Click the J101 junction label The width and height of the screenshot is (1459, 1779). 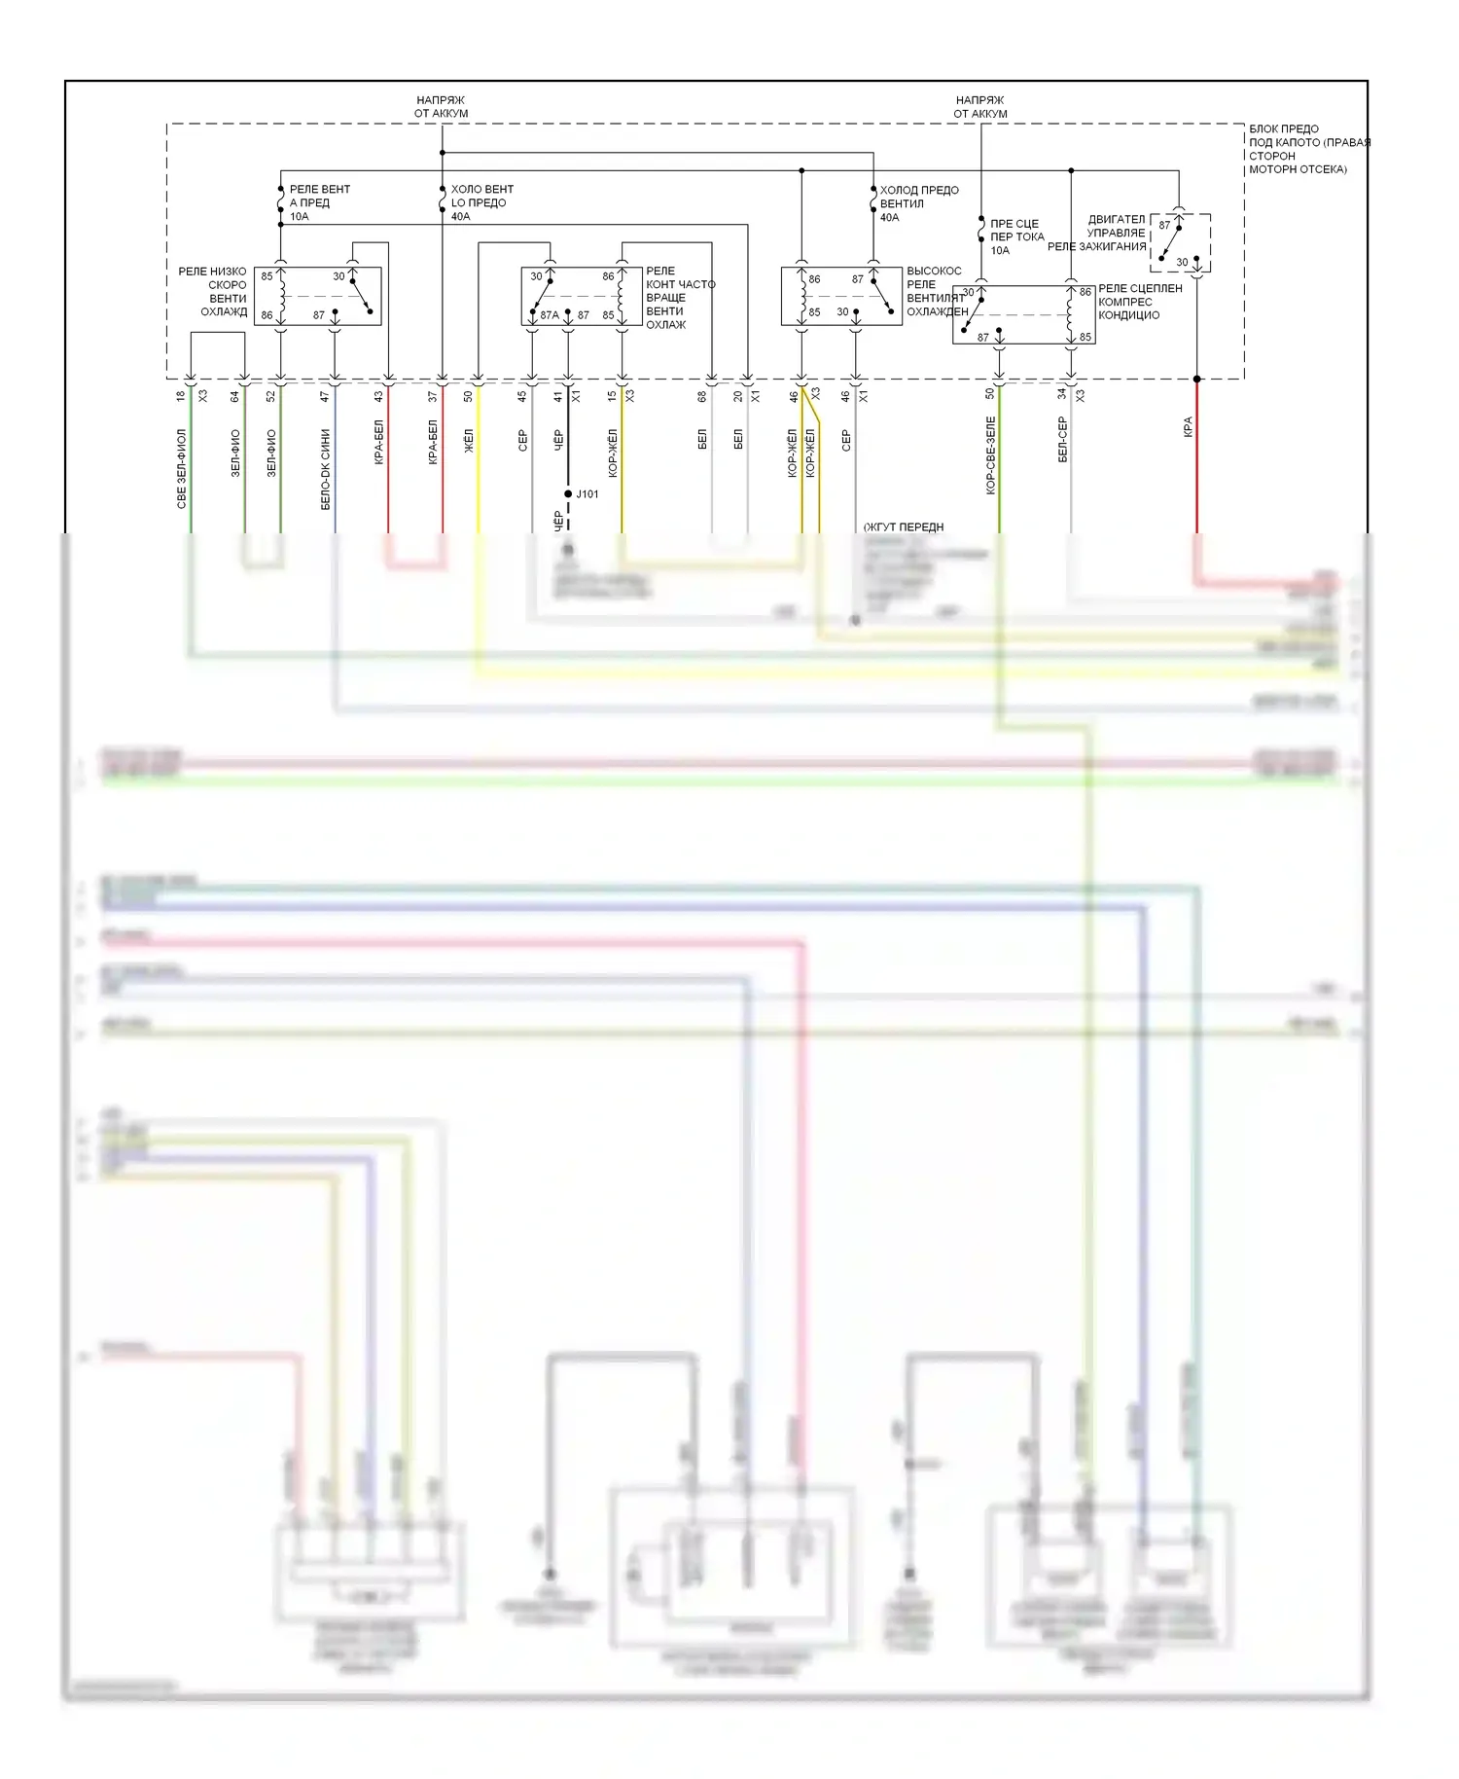tap(587, 494)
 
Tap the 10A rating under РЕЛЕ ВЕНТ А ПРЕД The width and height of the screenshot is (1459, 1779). tap(299, 216)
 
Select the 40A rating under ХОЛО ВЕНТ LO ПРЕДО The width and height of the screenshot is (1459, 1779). tap(460, 216)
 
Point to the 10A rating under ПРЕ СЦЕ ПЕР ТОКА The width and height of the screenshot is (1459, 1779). tap(1000, 250)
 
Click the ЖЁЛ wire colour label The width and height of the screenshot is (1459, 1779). tap(469, 441)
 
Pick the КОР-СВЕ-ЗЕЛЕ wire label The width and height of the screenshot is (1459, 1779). tap(990, 455)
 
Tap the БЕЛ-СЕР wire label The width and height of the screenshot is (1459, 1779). tap(1062, 440)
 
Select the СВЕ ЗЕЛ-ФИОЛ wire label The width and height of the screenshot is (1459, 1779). tap(182, 468)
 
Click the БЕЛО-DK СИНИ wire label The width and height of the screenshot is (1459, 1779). tap(326, 469)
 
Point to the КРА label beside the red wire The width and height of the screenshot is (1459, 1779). tap(1188, 427)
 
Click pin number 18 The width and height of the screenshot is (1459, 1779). tap(181, 396)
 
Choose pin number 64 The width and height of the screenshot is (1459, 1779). tap(234, 396)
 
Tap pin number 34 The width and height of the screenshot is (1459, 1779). tap(1062, 394)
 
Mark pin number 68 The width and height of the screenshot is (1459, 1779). tap(702, 396)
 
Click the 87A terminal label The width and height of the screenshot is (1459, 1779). tap(550, 315)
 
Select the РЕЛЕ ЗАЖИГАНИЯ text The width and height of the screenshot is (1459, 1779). tap(1096, 247)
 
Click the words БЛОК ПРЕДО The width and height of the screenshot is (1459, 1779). tap(1284, 128)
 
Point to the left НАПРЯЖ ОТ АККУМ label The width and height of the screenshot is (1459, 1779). tap(441, 106)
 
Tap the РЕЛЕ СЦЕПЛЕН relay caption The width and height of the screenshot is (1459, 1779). tap(1140, 288)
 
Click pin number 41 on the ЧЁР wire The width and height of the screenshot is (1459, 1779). tap(558, 396)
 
